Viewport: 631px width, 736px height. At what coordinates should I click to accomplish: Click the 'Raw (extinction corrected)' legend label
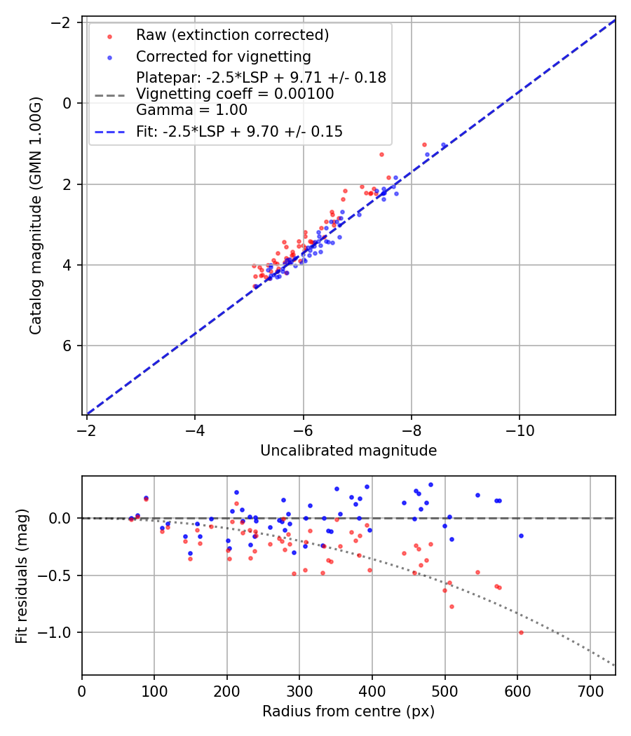(x=232, y=35)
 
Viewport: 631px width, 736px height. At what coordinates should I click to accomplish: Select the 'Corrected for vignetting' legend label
(x=223, y=56)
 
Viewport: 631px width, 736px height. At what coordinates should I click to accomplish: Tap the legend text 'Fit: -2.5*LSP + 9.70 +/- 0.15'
(x=239, y=131)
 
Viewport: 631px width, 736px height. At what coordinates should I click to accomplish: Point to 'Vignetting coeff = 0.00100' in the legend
(x=235, y=94)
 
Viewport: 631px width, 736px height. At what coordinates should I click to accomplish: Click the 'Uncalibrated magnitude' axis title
(x=348, y=451)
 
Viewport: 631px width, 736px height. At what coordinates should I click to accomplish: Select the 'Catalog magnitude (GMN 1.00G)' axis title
(x=36, y=216)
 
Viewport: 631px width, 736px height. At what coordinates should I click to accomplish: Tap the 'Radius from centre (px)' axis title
(x=348, y=711)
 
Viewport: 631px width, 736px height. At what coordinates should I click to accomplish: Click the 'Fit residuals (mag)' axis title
(x=22, y=575)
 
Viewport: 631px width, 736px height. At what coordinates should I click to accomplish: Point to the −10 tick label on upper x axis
(x=519, y=429)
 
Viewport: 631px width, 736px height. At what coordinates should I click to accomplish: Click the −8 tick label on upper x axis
(x=411, y=429)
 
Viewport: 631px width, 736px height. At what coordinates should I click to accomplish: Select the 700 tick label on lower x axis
(x=590, y=690)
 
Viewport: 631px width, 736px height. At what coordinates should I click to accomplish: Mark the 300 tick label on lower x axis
(x=299, y=690)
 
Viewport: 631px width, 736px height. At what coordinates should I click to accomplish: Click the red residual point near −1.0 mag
(x=521, y=632)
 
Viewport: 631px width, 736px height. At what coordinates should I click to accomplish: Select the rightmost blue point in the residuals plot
(x=521, y=536)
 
